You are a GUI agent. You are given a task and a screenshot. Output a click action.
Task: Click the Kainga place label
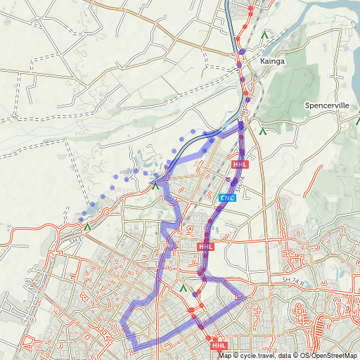point(273,61)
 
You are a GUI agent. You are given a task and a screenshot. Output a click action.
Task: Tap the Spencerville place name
point(327,105)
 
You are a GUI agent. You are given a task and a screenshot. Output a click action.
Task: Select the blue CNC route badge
point(227,198)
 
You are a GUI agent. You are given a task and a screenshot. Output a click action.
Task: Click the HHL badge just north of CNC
point(240,165)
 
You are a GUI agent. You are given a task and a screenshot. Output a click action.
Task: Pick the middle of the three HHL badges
point(205,247)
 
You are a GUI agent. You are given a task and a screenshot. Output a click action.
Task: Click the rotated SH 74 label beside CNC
point(243,185)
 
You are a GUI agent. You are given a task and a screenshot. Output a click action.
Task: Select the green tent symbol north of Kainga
point(264,33)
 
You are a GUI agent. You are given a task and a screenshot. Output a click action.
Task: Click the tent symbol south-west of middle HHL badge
point(184,288)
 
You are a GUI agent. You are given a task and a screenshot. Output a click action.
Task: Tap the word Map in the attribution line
point(224,355)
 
